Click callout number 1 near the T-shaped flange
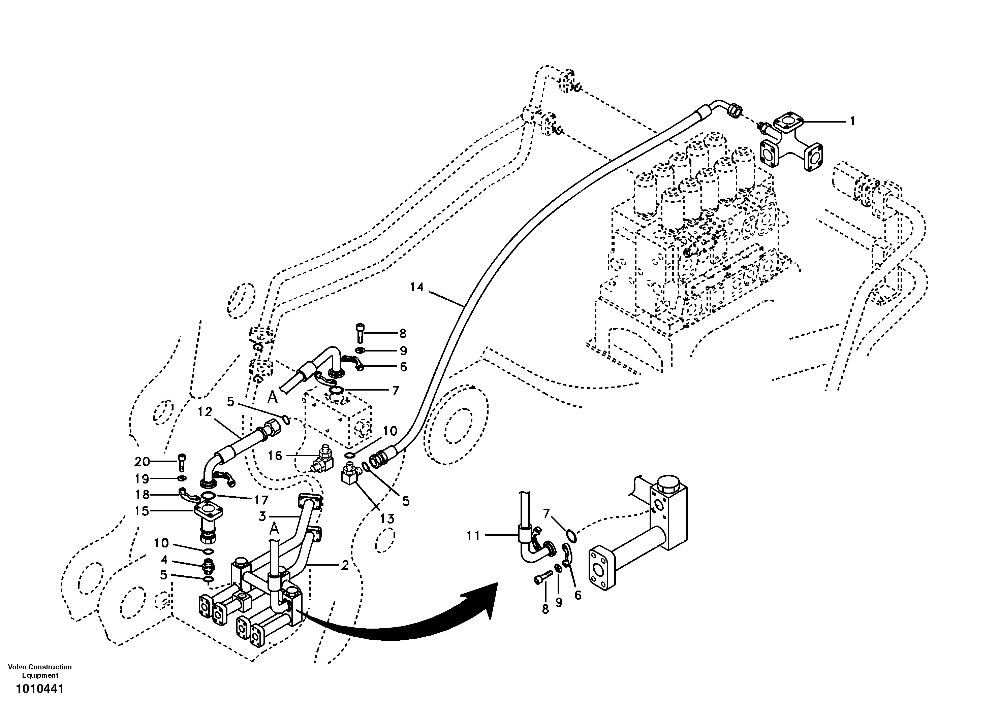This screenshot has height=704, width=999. tap(852, 121)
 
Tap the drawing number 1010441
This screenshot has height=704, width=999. tap(40, 689)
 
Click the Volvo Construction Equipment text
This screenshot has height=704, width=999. tap(40, 671)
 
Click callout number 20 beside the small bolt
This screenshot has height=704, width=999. tap(142, 461)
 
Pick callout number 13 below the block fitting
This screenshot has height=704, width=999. tap(387, 519)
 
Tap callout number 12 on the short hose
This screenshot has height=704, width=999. tap(205, 411)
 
